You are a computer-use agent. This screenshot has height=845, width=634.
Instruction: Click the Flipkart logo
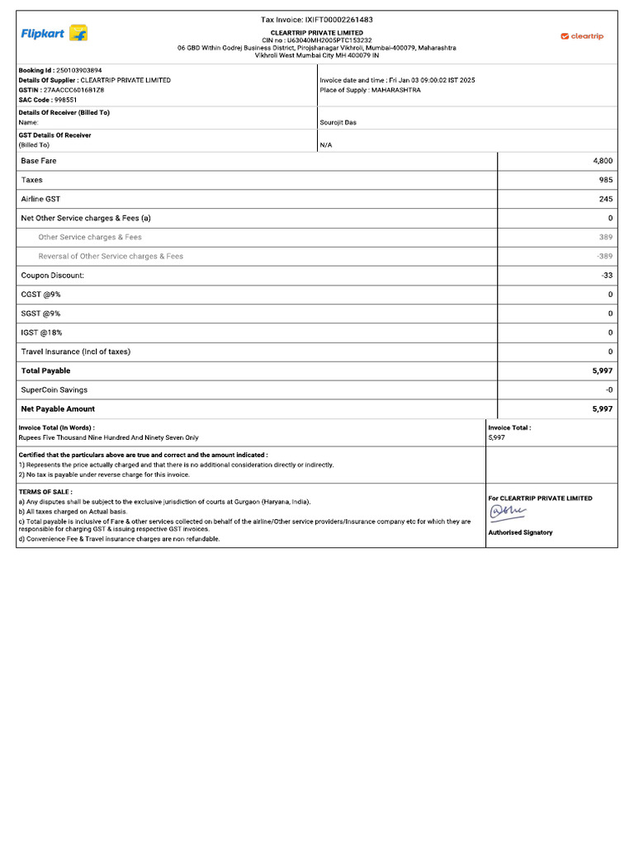[x=54, y=34]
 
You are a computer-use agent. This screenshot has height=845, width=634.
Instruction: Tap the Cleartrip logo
[x=582, y=36]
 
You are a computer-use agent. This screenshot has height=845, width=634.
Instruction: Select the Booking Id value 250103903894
[x=78, y=71]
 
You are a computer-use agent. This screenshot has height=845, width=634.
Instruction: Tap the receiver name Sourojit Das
[x=338, y=122]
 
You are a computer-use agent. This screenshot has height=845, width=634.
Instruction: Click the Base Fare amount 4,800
[x=602, y=161]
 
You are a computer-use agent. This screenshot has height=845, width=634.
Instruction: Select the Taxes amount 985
[x=605, y=180]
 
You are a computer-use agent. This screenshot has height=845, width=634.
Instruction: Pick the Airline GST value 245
[x=605, y=199]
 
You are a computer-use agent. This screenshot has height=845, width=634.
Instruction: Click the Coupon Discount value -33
[x=607, y=276]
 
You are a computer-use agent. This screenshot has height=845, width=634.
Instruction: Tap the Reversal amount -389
[x=604, y=257]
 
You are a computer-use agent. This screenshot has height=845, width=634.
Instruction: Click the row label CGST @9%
[x=41, y=295]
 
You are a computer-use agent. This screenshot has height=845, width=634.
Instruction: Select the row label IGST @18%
[x=42, y=333]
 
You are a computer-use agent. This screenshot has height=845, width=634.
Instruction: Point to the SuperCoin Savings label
[x=54, y=389]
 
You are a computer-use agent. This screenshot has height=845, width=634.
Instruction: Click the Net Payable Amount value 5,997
[x=602, y=408]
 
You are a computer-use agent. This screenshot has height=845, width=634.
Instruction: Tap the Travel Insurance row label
[x=76, y=352]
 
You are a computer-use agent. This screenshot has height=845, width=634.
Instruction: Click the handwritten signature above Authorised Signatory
[x=508, y=513]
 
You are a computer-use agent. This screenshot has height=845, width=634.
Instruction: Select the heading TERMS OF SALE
[x=45, y=492]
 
